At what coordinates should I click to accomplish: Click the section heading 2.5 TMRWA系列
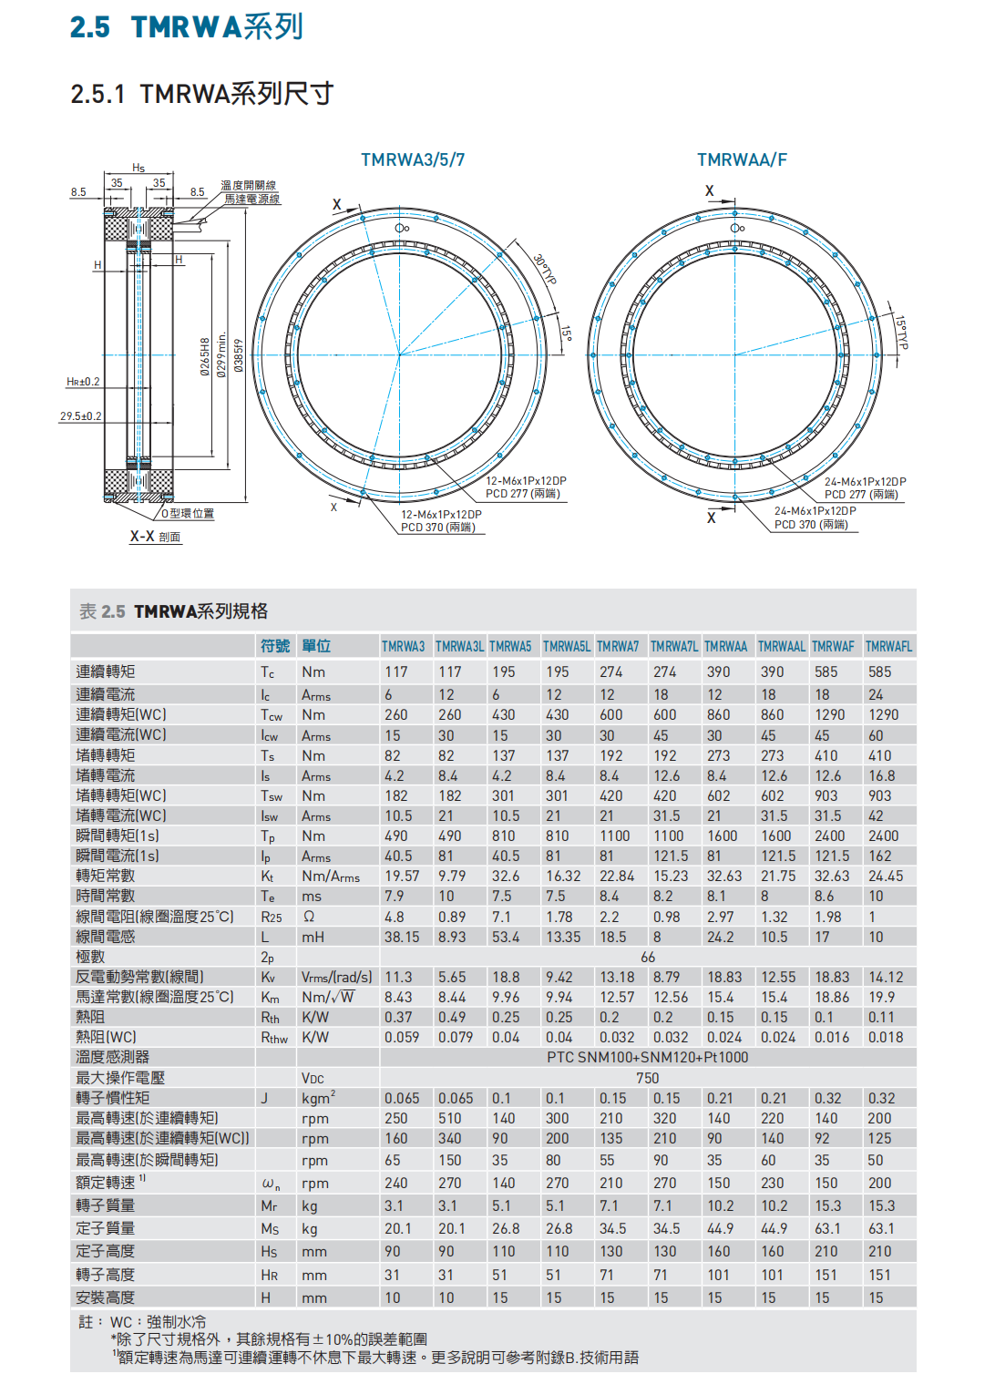tap(187, 27)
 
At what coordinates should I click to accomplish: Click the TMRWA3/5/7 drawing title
tap(413, 160)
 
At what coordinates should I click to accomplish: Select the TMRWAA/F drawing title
tap(742, 160)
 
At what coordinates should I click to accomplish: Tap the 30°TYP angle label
tap(544, 270)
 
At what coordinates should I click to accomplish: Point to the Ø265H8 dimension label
tap(206, 356)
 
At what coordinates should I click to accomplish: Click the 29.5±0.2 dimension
tap(81, 416)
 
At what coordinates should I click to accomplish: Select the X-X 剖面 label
tap(155, 537)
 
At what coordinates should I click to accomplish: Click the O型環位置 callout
tap(188, 514)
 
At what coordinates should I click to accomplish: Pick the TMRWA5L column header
tap(567, 647)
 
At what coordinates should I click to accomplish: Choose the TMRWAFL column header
tap(888, 647)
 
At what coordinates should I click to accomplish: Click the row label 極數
tap(91, 957)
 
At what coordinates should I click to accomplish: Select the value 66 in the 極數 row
tap(648, 957)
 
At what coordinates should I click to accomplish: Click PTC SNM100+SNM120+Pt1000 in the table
tap(647, 1058)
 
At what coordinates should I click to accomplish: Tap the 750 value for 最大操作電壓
tap(648, 1078)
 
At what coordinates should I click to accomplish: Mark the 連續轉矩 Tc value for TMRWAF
tap(826, 672)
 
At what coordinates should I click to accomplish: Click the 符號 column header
tap(275, 646)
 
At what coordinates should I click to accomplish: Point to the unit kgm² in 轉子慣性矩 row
tap(318, 1098)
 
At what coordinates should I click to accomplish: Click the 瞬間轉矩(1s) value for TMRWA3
tap(395, 836)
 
